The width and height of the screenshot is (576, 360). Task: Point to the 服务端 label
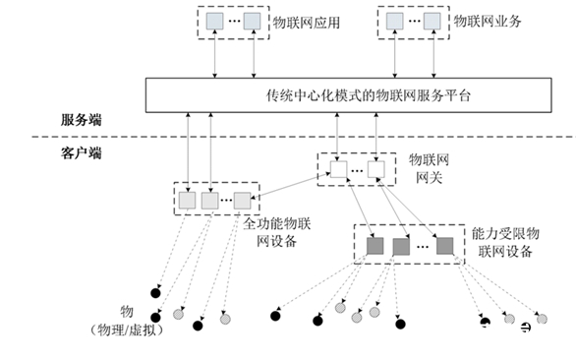tap(81, 120)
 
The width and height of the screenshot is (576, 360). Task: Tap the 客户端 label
tap(81, 152)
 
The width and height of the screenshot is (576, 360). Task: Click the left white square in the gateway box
tap(337, 170)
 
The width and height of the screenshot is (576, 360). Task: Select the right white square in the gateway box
tap(375, 170)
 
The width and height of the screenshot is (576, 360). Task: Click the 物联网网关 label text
tap(428, 167)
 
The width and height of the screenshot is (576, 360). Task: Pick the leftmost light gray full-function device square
tap(187, 200)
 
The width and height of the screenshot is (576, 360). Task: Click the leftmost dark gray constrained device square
tap(374, 246)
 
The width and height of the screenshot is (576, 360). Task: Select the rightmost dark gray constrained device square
tap(444, 246)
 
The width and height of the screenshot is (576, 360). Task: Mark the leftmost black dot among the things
tap(154, 293)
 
